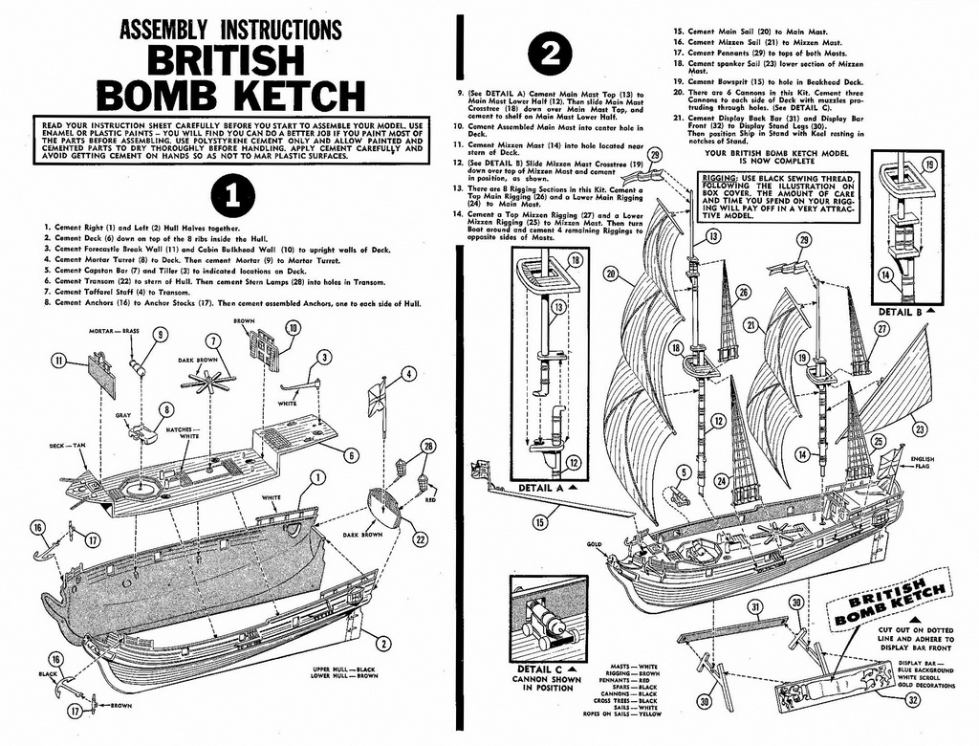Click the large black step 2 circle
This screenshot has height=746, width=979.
coord(551,56)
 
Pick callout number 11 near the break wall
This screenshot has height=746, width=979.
coord(59,361)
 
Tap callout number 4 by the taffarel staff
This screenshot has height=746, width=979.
coord(409,374)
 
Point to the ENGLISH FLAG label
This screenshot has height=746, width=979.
coord(923,464)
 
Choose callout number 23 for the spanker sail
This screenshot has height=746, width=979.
coord(920,429)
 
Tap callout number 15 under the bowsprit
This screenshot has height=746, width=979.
coord(540,521)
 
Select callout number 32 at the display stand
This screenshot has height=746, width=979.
coord(913,700)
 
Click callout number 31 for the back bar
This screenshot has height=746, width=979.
coord(754,606)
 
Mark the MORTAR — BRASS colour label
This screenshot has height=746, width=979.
coord(115,331)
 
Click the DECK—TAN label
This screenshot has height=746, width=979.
coord(67,446)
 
